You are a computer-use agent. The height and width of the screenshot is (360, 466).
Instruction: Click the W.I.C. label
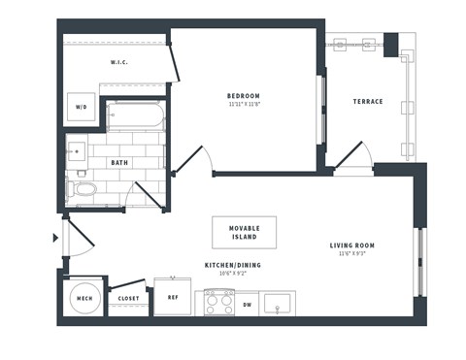coord(119,63)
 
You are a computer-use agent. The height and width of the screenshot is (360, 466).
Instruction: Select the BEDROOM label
coord(244,95)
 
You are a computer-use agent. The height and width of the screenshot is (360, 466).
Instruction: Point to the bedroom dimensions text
coord(244,105)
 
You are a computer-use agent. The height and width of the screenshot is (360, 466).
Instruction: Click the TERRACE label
coord(368,102)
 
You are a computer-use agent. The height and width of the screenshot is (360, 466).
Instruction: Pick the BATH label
coord(120,163)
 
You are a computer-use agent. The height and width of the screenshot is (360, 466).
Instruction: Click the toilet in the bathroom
coord(83,188)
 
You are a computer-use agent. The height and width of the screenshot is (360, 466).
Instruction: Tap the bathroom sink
coord(78,151)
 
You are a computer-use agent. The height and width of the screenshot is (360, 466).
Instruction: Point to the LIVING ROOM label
coord(352,245)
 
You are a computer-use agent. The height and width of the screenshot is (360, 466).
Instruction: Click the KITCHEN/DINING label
coord(232,265)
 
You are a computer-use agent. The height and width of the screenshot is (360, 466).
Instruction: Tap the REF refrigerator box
coord(173,297)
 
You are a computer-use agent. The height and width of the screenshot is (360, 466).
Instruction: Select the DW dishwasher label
coord(247,305)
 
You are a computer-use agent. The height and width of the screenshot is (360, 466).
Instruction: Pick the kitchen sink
coord(283,304)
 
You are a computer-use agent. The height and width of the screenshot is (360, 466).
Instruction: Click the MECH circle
coord(83,299)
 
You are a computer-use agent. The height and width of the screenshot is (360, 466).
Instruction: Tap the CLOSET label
coord(128,299)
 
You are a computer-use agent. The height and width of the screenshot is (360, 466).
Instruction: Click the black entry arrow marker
coord(55,238)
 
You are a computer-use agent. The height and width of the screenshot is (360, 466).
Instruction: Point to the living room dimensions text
coord(352,255)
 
